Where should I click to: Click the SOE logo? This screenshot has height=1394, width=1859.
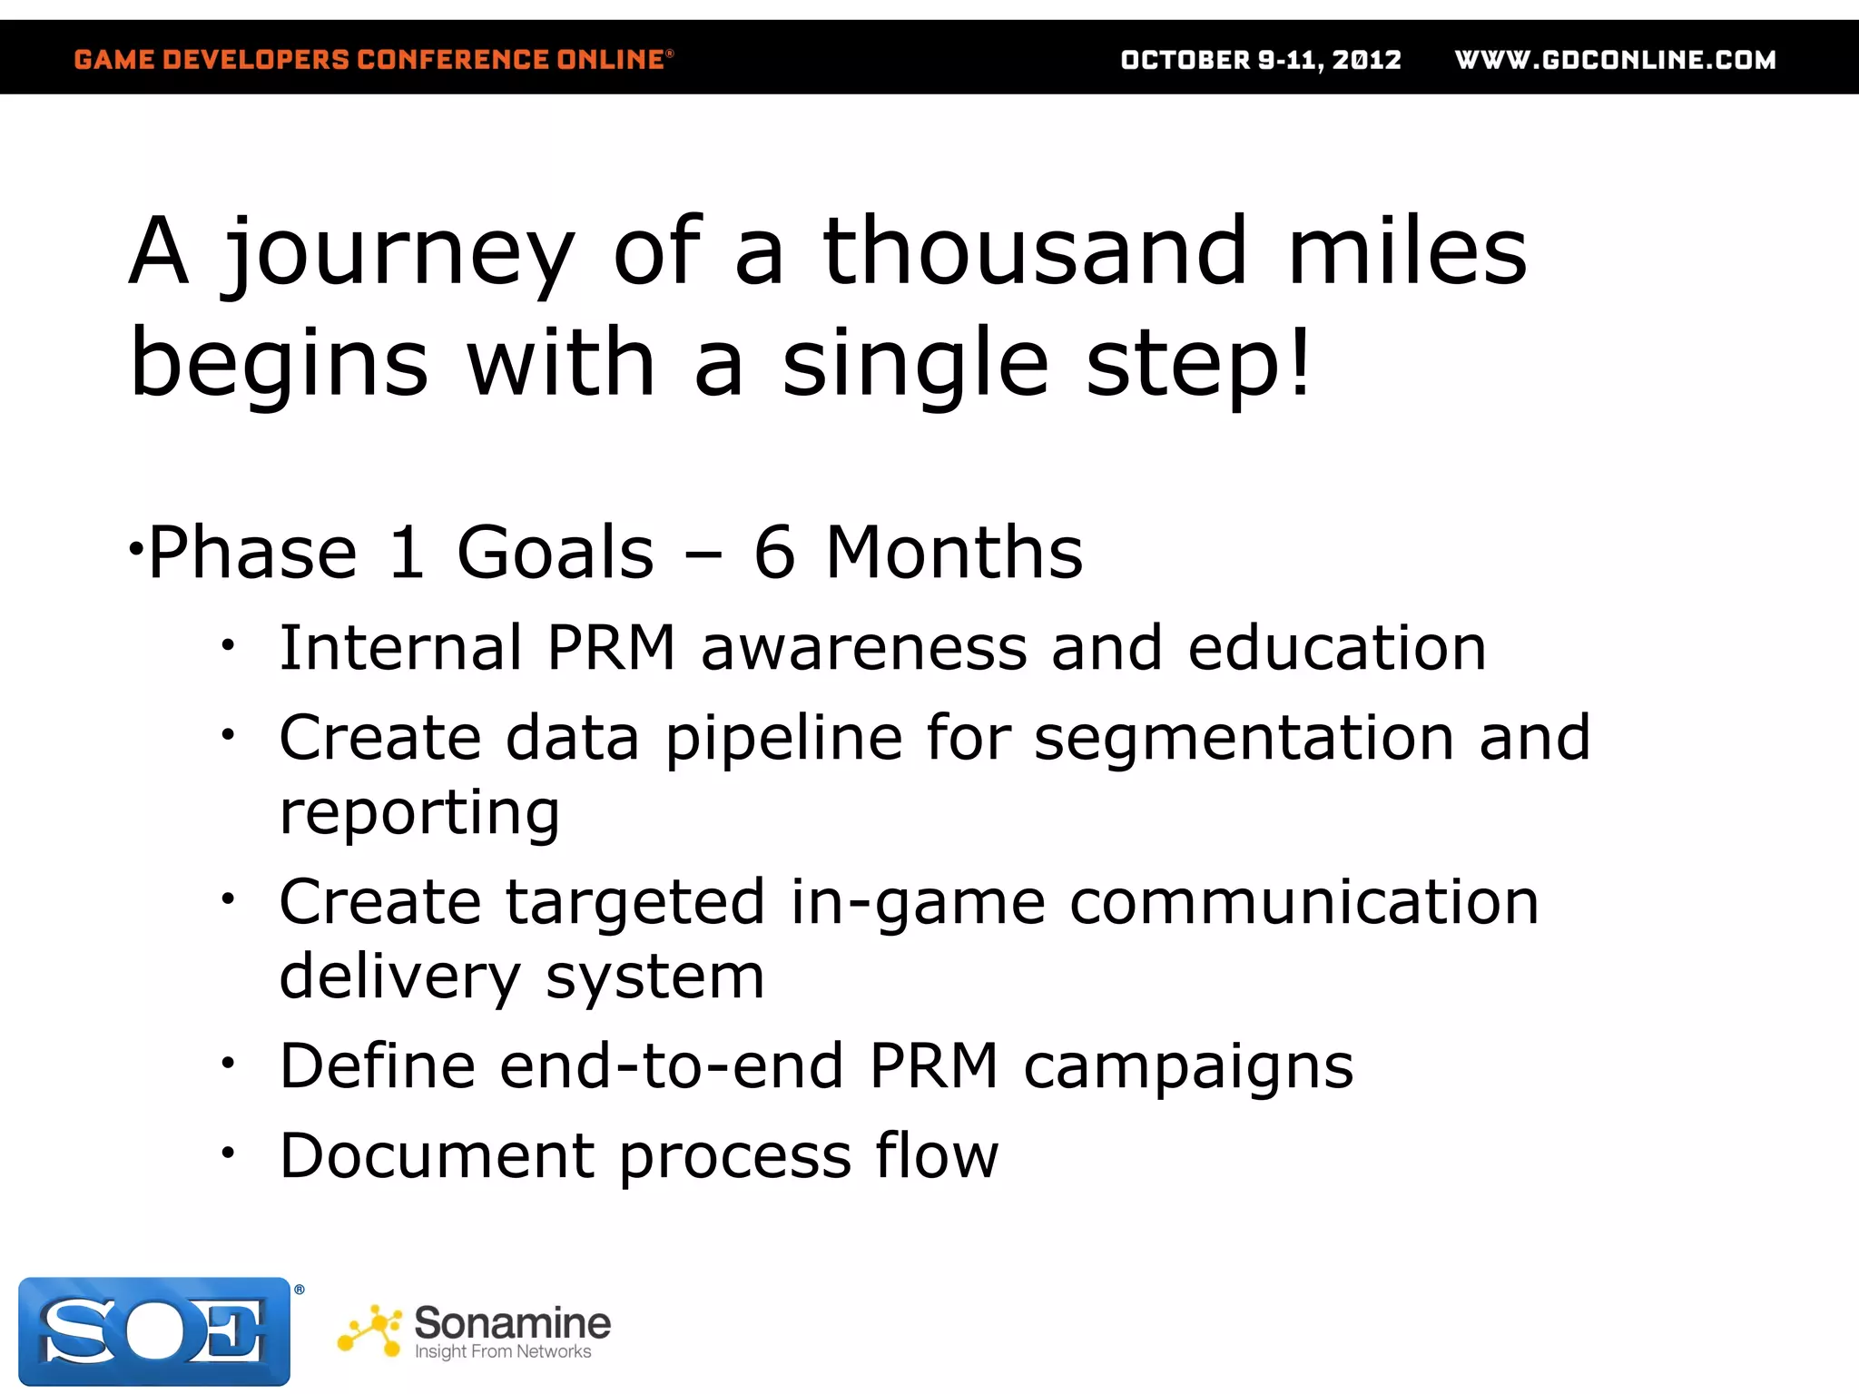pyautogui.click(x=154, y=1331)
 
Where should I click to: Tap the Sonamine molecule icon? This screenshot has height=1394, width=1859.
pyautogui.click(x=370, y=1331)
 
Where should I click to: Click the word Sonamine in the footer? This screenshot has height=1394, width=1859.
pyautogui.click(x=512, y=1322)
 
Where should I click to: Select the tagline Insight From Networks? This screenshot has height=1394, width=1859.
pyautogui.click(x=502, y=1352)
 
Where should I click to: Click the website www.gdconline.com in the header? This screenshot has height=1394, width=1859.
pyautogui.click(x=1615, y=60)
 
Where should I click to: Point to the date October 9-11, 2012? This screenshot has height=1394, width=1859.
pyautogui.click(x=1261, y=60)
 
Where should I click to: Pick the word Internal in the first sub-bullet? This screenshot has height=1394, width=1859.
pyautogui.click(x=400, y=648)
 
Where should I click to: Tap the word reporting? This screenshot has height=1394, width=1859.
pyautogui.click(x=419, y=813)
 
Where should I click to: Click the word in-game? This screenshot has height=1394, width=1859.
pyautogui.click(x=918, y=903)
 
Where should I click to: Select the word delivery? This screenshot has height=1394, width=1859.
pyautogui.click(x=399, y=977)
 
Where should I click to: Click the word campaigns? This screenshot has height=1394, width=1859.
pyautogui.click(x=1188, y=1066)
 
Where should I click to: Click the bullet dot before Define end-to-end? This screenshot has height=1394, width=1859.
pyautogui.click(x=228, y=1063)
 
